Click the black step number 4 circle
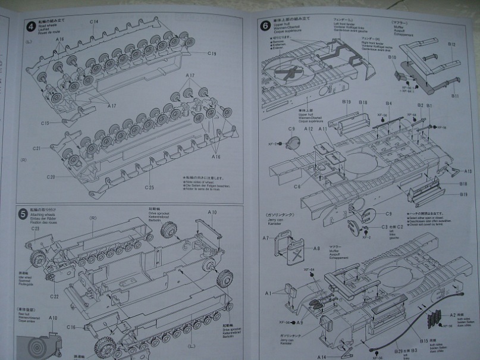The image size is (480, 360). coord(30,26)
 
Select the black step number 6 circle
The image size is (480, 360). coord(265,25)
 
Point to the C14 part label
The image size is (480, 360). coord(94,22)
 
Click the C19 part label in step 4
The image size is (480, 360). coord(212,54)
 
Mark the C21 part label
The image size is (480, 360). coord(36,148)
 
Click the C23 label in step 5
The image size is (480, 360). coord(35,228)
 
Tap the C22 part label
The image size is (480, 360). coord(54,296)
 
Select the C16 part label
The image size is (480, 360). coord(71,327)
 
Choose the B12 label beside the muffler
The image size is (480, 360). coord(451,45)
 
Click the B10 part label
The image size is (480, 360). coord(392,57)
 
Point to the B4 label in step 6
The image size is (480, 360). coord(388,104)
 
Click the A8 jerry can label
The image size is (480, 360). coord(316,249)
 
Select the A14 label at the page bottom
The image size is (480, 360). coord(321,356)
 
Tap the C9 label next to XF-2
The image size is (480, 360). coord(291,129)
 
